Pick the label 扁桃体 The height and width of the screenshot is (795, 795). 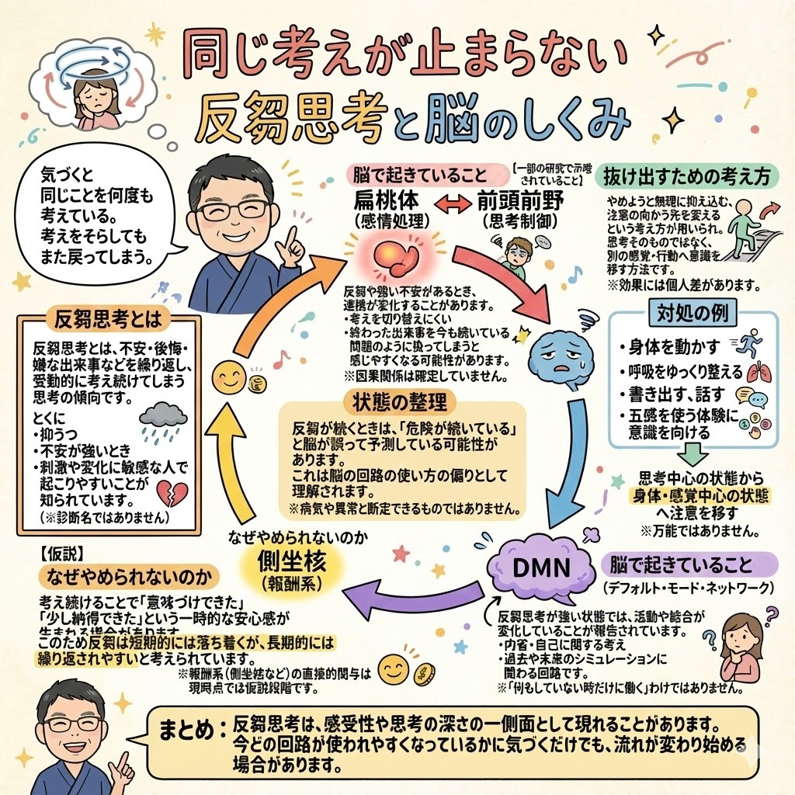click(x=387, y=200)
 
